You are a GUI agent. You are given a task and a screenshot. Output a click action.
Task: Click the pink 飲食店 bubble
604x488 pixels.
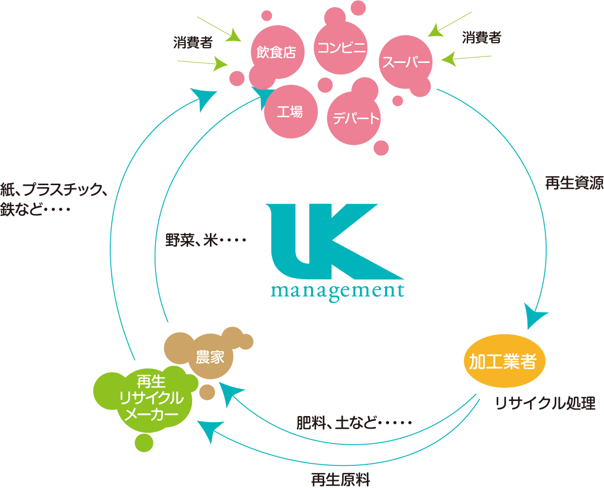(277, 52)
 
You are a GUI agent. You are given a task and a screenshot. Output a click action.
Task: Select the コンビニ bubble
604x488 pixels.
(340, 47)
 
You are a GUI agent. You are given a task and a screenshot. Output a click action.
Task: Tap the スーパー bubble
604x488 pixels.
(406, 62)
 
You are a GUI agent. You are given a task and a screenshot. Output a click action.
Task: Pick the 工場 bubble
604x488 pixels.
(290, 112)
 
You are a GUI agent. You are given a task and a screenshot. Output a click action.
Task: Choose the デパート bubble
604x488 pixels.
(354, 118)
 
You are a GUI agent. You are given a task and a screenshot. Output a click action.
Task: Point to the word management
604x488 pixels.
(337, 291)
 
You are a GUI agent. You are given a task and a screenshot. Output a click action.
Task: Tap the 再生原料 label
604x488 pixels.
(341, 480)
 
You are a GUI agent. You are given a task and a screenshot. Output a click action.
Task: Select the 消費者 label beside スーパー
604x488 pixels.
(481, 38)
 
